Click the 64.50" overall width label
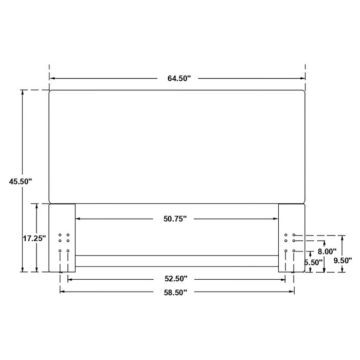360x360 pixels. coord(178,79)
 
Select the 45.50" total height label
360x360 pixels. coord(20,181)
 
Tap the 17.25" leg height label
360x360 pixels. coord(34,238)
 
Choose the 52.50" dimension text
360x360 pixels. coord(176,279)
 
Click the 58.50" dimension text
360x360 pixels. coord(176,292)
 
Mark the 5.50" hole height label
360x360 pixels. coord(314,262)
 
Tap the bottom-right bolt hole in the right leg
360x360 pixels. coord(294,251)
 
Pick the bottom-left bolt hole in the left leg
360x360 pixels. coord(60,251)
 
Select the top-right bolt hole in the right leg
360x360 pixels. coord(294,235)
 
